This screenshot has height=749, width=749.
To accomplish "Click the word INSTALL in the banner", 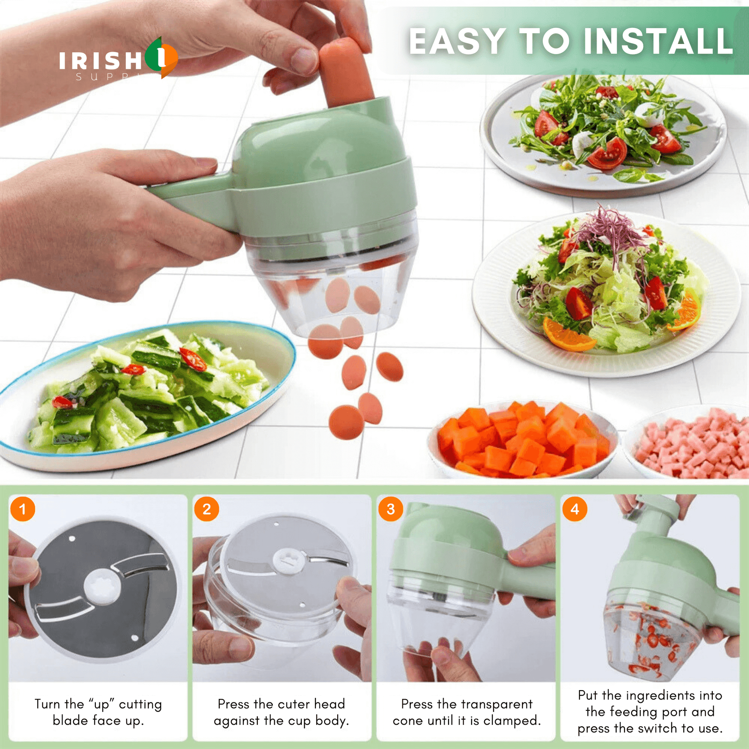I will click(658, 42).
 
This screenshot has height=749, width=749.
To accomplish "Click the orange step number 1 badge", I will click(22, 509).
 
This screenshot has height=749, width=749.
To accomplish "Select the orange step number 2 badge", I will click(207, 509).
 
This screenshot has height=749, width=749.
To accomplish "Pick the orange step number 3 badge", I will click(390, 509).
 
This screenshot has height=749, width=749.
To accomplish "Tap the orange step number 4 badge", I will click(575, 509).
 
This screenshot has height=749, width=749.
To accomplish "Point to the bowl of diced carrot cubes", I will click(522, 440).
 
